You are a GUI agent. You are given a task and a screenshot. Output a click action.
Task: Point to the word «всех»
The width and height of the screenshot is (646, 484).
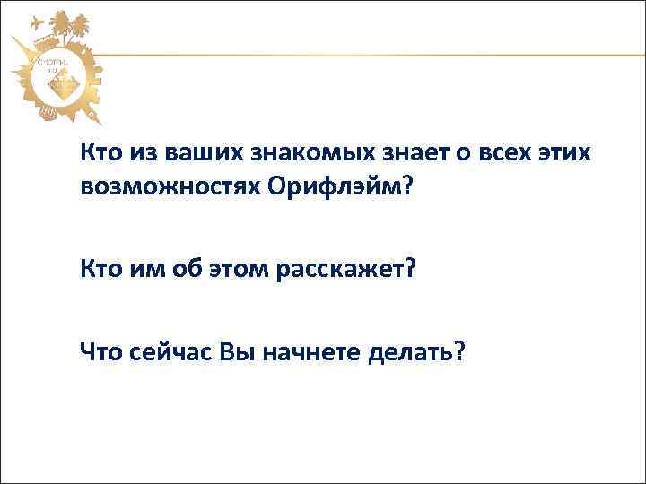click(506, 153)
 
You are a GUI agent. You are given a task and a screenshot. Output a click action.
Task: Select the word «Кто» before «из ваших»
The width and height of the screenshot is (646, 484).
click(98, 153)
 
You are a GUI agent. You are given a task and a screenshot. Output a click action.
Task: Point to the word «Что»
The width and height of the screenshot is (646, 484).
click(100, 352)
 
